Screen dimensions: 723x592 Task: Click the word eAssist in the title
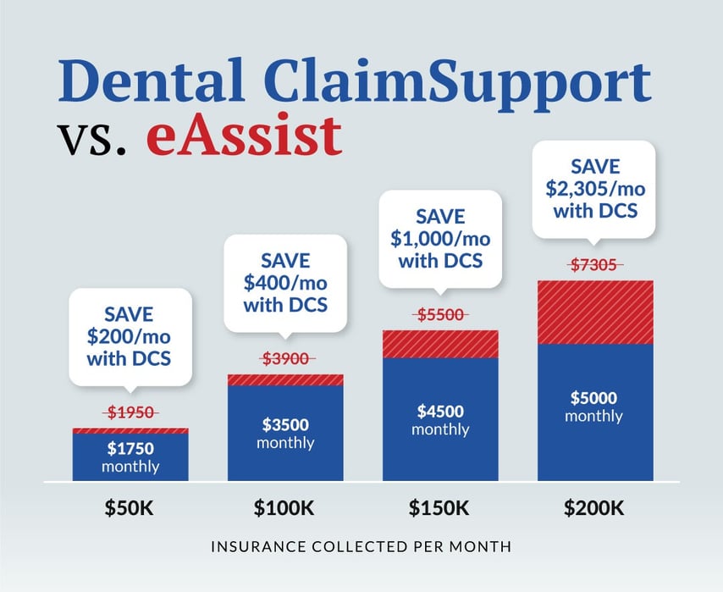pos(244,135)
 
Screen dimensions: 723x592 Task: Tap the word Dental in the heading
pos(151,80)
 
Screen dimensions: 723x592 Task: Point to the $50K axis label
pos(129,508)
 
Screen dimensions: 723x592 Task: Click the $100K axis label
pos(284,508)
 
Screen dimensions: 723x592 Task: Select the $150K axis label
pos(439,508)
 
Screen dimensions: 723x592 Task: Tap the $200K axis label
pos(594,508)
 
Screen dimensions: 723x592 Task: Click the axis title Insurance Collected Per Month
pos(361,547)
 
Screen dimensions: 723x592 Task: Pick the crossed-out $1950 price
pos(130,412)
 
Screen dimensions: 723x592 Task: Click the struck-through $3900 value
pos(286,358)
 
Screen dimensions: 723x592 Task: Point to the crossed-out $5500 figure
pos(440,315)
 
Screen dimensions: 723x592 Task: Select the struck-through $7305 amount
pos(594,265)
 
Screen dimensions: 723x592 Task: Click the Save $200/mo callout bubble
pos(130,337)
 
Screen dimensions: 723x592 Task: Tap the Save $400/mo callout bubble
pos(285,284)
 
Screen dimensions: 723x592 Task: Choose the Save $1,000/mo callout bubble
pos(440,239)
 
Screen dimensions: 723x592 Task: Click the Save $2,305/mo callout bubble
pos(594,189)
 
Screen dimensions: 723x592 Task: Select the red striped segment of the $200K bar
pos(595,313)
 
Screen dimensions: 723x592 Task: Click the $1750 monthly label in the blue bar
pos(130,456)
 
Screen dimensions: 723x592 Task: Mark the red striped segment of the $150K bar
pos(440,344)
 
